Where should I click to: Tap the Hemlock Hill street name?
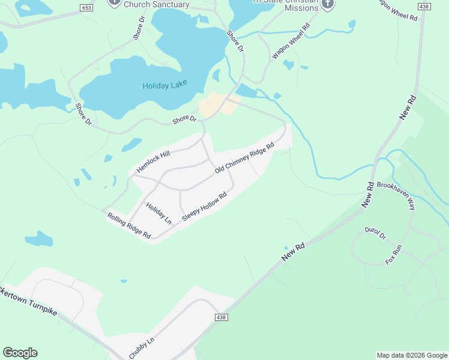tap(153, 161)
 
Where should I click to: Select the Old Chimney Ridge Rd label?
tap(244, 158)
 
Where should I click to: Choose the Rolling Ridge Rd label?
tap(129, 226)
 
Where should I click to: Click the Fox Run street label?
tap(393, 256)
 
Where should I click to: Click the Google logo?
tap(20, 353)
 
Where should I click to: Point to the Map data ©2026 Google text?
tap(412, 355)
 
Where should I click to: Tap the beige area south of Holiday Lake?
tap(216, 105)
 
